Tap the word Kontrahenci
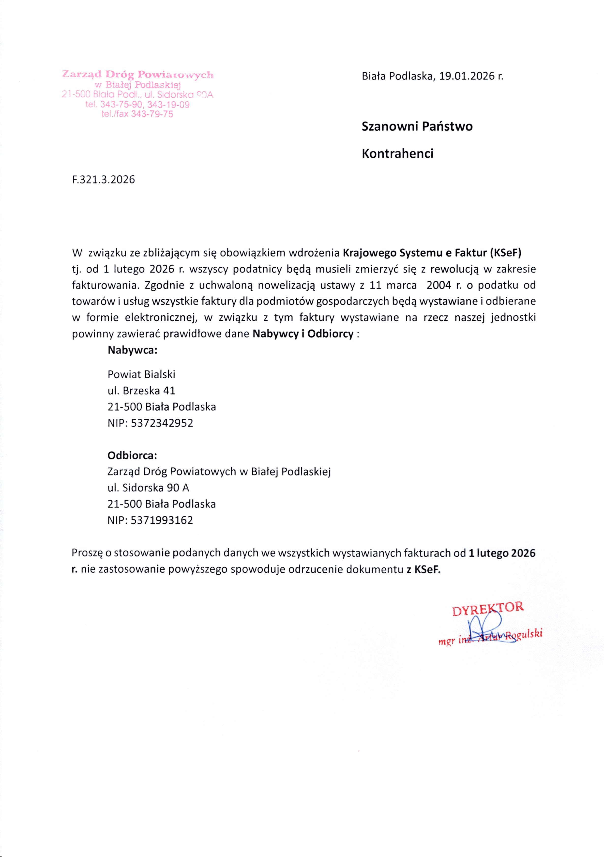tap(398, 153)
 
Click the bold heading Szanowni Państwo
tap(417, 126)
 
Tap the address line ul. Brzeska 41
tap(141, 390)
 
